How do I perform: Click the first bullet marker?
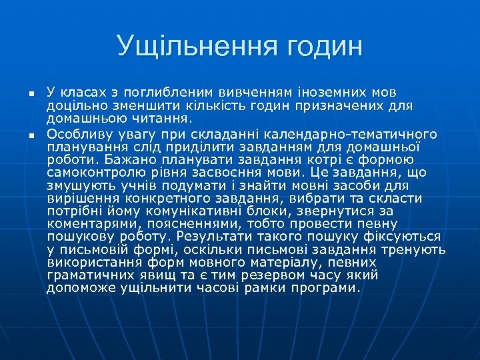coord(22,94)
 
